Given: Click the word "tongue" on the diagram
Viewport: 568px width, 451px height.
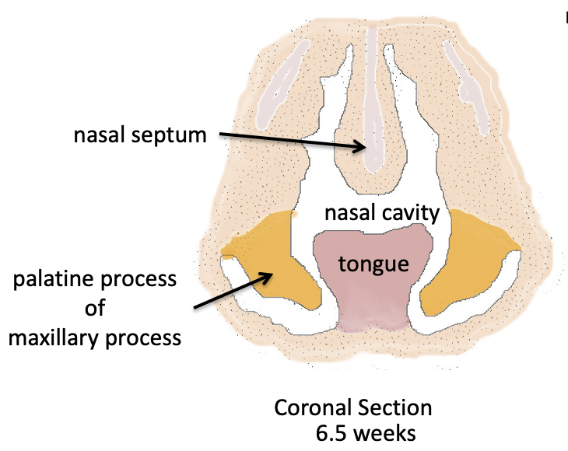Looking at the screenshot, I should click(x=373, y=264).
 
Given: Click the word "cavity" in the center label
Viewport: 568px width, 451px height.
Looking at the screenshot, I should click(x=412, y=213).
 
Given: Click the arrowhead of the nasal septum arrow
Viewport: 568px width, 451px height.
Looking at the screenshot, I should click(x=363, y=146).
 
